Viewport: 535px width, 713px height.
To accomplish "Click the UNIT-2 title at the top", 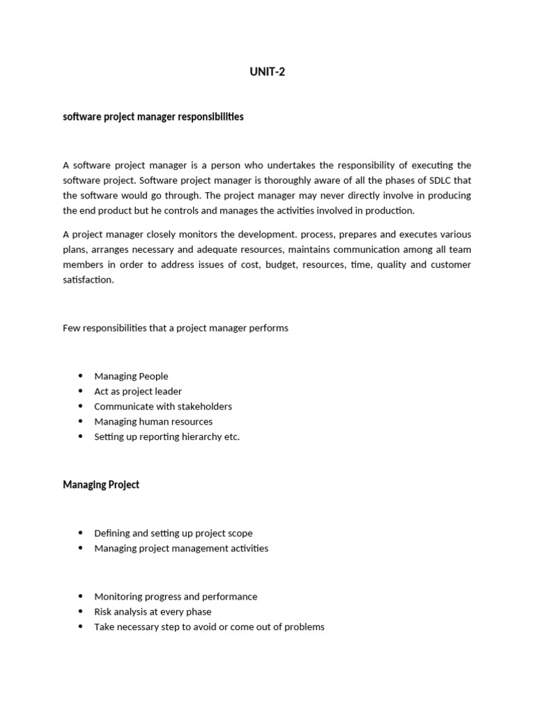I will [267, 72].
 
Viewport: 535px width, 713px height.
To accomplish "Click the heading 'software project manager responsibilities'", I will [153, 117].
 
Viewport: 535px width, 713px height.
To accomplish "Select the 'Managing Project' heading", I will [101, 485].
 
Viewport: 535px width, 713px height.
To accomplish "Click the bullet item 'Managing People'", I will [131, 376].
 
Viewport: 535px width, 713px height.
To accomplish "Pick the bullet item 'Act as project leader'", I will [138, 391].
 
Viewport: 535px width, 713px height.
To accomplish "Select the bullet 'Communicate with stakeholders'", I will [163, 407].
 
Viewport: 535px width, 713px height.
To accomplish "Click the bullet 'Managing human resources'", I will [153, 421].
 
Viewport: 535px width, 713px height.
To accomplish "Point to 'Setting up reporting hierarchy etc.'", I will [166, 437].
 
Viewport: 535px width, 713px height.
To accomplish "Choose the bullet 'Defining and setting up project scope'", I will [173, 533].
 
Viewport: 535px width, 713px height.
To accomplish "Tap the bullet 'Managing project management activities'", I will [181, 548].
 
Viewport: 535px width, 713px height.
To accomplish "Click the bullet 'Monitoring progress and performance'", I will [176, 597].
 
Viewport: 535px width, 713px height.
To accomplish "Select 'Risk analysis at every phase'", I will [153, 612].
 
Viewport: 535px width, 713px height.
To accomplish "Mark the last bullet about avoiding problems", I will [209, 627].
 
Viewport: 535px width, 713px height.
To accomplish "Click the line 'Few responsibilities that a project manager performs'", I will [176, 328].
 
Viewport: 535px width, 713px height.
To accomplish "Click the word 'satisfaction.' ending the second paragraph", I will [88, 280].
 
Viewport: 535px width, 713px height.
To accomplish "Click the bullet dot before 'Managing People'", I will [81, 376].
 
